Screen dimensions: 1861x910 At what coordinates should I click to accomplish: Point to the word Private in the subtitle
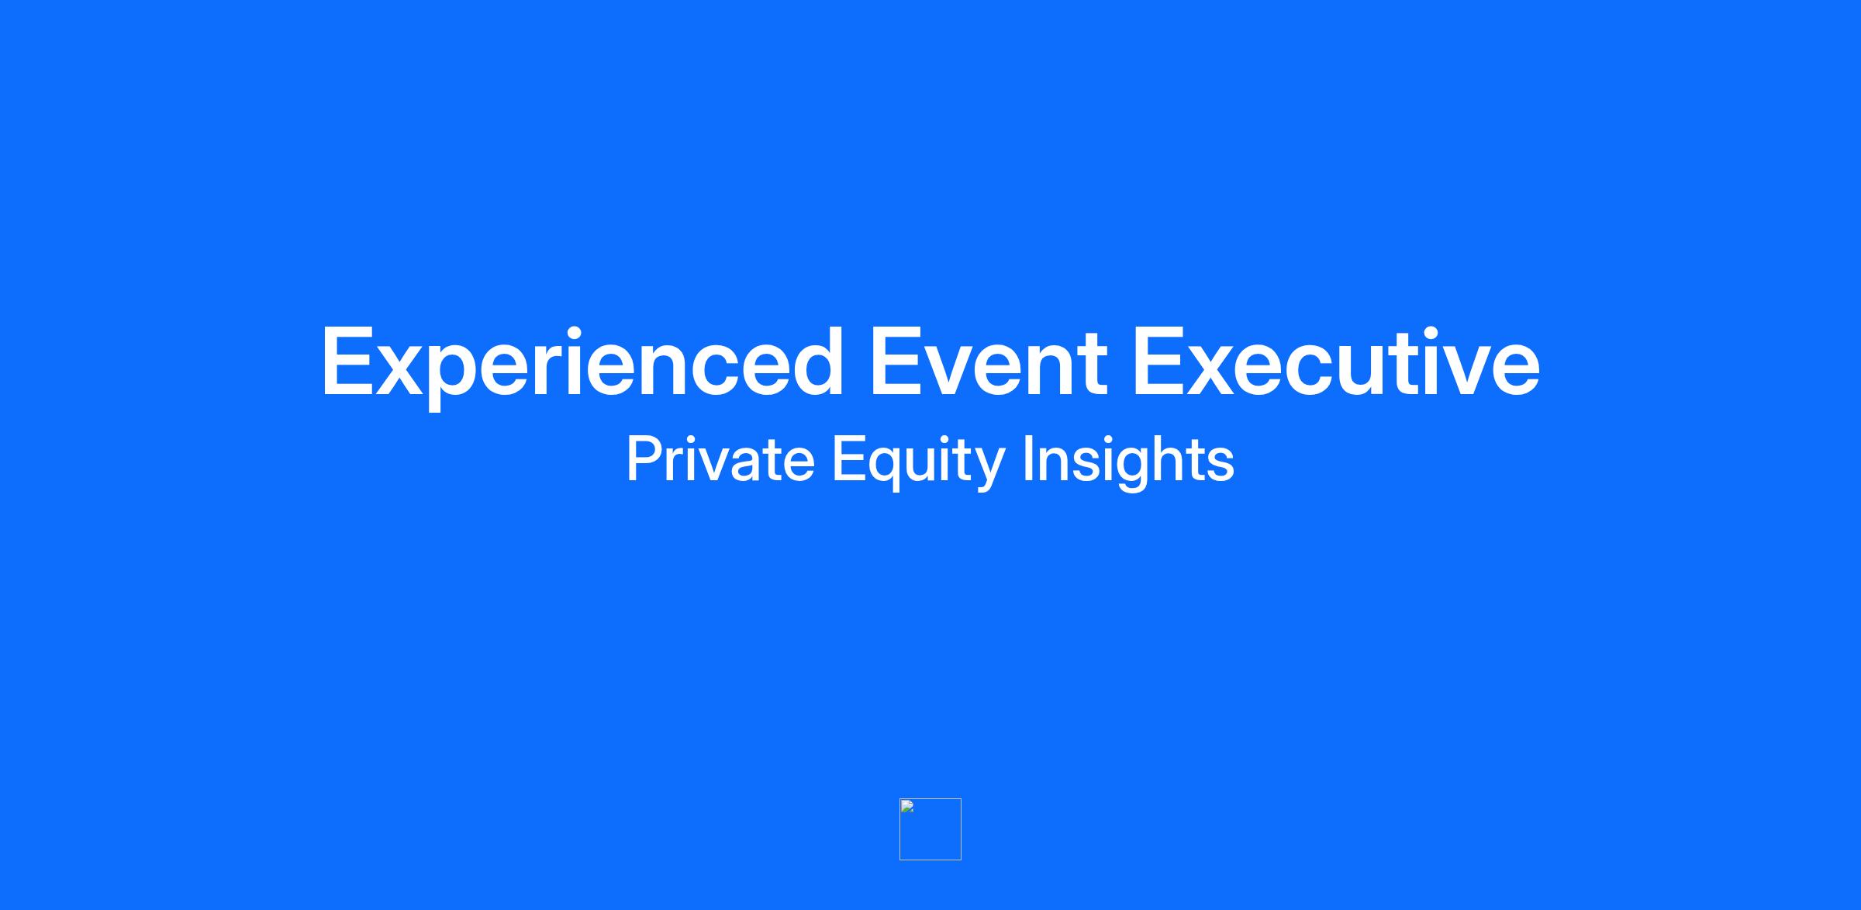click(720, 458)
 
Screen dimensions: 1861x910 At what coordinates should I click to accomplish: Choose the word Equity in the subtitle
click(919, 462)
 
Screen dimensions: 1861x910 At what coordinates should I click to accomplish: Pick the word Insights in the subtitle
click(1128, 462)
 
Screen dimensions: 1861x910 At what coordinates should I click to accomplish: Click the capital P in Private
click(644, 458)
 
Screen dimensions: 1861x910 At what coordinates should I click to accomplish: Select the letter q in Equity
click(886, 468)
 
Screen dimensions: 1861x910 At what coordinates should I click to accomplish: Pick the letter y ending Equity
click(989, 469)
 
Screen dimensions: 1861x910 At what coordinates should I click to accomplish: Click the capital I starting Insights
click(1028, 458)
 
